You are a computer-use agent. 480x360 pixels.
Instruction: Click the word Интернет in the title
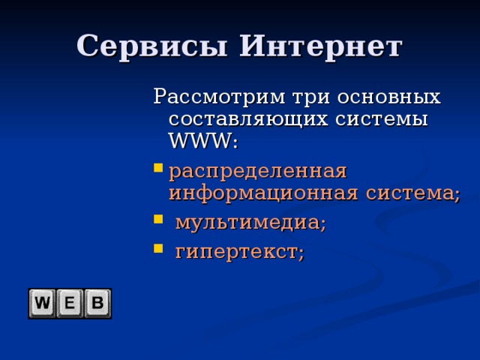320,46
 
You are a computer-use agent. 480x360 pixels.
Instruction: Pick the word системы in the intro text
383,119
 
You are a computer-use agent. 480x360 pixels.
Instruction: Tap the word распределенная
258,171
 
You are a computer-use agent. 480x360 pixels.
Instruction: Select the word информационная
264,193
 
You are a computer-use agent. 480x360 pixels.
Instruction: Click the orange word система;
412,193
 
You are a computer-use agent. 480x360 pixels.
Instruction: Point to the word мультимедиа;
250,223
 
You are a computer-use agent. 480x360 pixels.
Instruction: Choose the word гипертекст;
240,253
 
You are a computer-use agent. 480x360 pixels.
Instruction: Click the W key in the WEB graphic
43,304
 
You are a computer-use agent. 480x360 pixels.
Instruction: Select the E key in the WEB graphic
70,304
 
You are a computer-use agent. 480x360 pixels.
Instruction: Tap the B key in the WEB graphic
97,304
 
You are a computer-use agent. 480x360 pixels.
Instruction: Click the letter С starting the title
87,46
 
